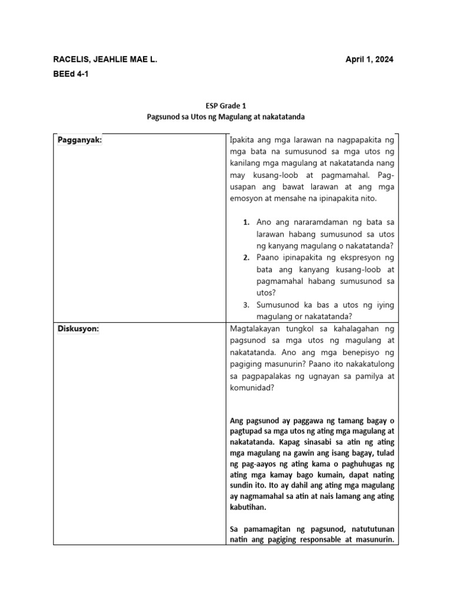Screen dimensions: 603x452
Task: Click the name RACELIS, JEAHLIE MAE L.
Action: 105,59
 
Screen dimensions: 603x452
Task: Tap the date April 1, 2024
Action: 369,59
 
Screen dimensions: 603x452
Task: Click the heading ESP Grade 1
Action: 225,106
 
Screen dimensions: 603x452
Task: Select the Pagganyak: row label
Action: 79,140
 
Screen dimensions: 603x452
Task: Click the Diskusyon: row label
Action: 78,329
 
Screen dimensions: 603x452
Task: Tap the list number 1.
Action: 247,222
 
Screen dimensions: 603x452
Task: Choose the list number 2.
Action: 247,258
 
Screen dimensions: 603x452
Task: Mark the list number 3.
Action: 247,305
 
